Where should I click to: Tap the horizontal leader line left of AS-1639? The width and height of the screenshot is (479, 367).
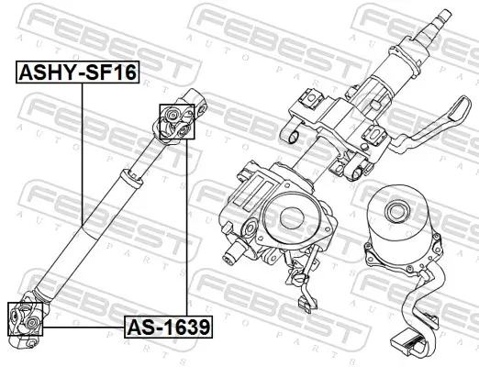(x=84, y=326)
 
